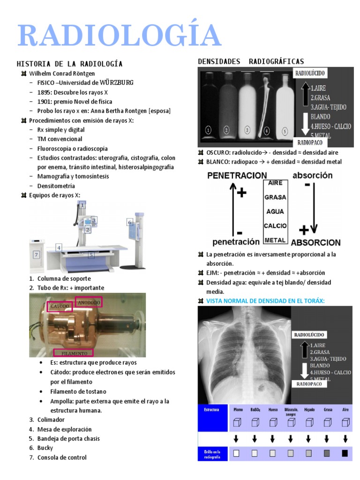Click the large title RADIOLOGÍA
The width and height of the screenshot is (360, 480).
click(x=119, y=36)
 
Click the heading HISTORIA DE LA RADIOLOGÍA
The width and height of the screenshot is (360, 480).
click(x=69, y=64)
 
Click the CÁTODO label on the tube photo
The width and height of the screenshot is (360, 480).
click(x=59, y=307)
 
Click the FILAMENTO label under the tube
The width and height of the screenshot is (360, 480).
click(x=73, y=352)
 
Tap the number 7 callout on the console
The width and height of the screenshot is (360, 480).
click(x=36, y=255)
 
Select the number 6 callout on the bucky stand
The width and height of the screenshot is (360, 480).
click(x=130, y=222)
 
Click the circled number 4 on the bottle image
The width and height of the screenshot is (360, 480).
click(x=267, y=131)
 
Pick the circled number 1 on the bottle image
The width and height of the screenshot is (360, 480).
click(x=208, y=130)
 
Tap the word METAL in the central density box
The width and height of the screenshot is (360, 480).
click(x=275, y=240)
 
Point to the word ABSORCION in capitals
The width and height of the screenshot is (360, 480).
click(x=315, y=243)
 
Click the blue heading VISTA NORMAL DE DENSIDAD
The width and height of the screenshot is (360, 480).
click(x=265, y=300)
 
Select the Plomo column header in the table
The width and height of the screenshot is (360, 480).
click(x=238, y=409)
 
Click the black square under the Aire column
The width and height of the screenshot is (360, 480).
click(x=345, y=453)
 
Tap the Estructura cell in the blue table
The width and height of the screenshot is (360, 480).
click(x=211, y=409)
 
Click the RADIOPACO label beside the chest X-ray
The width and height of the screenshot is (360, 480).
click(x=309, y=383)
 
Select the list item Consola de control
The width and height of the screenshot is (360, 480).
click(x=62, y=457)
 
